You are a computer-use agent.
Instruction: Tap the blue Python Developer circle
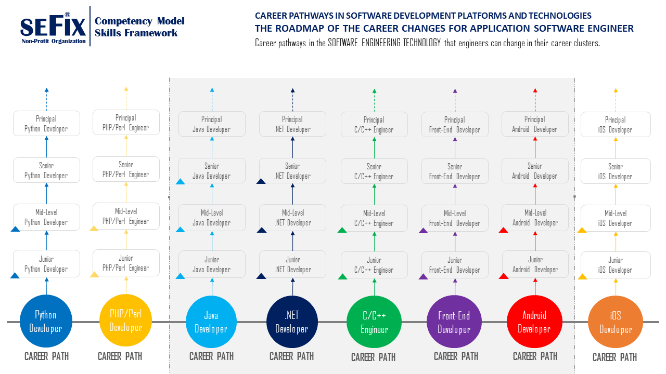[x=46, y=322]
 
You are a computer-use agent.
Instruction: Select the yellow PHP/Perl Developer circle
[x=125, y=320]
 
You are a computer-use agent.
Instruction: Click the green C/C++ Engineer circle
[x=374, y=322]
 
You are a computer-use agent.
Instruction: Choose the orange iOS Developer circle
[x=616, y=323]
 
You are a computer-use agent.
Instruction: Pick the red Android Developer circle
[x=534, y=322]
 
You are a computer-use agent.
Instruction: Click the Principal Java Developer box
[x=212, y=124]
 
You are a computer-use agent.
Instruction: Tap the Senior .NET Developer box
[x=292, y=171]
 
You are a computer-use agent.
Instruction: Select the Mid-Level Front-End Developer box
[x=455, y=218]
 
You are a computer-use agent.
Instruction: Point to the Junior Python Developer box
[x=46, y=264]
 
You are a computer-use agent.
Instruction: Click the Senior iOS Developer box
[x=616, y=171]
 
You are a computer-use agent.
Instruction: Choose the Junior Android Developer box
[x=535, y=264]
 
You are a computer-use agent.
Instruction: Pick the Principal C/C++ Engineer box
[x=374, y=125]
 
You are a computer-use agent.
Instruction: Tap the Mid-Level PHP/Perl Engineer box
[x=126, y=216]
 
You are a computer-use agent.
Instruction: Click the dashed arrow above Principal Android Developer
[x=535, y=98]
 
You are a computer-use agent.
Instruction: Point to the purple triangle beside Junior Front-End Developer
[x=423, y=277]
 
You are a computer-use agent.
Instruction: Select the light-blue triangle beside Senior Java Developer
[x=180, y=182]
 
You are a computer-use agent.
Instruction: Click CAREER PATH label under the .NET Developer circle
[x=291, y=356]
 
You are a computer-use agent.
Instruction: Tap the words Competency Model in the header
[x=139, y=21]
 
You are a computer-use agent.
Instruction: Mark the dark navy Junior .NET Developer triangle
[x=261, y=276]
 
